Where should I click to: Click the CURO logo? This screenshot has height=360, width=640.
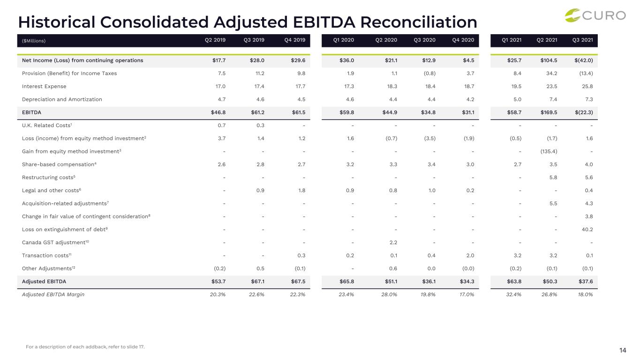tap(595, 15)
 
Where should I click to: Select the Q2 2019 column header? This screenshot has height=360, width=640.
tap(215, 40)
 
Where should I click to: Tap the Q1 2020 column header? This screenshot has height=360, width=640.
tap(343, 40)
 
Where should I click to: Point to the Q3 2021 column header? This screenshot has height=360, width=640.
tap(583, 40)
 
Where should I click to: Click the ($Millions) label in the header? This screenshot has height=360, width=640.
tap(34, 41)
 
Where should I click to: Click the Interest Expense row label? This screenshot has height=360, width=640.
tap(44, 86)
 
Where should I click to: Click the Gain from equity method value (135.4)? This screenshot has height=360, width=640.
tap(549, 151)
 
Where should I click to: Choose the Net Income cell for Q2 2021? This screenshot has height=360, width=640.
tap(549, 60)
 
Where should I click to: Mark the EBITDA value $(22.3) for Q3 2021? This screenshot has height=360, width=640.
tap(584, 112)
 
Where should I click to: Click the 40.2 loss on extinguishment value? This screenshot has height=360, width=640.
tap(587, 229)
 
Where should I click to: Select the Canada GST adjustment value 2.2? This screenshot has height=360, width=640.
tap(393, 242)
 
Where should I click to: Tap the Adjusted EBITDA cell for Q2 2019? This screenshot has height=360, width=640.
tap(218, 281)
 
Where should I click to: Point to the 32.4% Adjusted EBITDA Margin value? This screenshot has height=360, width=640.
tap(513, 294)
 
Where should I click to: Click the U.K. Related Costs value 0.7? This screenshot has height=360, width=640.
tap(221, 126)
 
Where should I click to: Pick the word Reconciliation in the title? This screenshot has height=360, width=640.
tap(419, 22)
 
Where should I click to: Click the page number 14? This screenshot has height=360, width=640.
tap(623, 350)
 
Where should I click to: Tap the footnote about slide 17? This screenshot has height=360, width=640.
tap(85, 347)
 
